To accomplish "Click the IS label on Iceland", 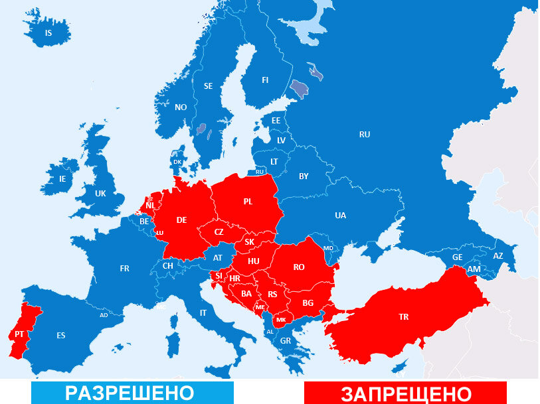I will point(48,33).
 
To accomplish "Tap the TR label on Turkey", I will point(404,316).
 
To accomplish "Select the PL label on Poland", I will point(248,201).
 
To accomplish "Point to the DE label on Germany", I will point(181,220).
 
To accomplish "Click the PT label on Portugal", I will point(19,334).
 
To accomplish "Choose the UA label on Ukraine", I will point(340,215).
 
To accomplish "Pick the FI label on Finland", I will point(265,80).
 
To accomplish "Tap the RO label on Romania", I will point(299,267).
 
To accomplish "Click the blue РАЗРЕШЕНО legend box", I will point(132,392).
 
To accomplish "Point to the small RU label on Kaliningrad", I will point(260,172).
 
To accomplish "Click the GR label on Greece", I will point(285,341).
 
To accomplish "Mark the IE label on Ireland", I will point(62,178).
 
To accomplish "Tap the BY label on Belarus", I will point(304,176).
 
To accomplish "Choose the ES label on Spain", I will point(61,335).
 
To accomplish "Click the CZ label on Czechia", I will point(219,232).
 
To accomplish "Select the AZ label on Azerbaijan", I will point(498,256).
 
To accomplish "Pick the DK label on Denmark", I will point(177,161).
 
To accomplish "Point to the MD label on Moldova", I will point(327,248).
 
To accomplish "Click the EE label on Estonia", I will point(276,121).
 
